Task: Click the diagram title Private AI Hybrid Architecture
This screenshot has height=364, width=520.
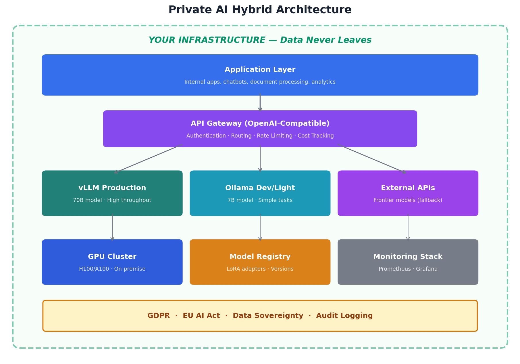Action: pyautogui.click(x=260, y=10)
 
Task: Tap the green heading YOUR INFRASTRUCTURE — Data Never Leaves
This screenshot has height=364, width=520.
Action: pyautogui.click(x=260, y=40)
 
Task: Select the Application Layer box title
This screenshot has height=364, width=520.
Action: pyautogui.click(x=260, y=70)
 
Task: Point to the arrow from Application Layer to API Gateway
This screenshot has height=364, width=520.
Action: pyautogui.click(x=260, y=102)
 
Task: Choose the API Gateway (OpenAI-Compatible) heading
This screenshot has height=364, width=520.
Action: pyautogui.click(x=260, y=123)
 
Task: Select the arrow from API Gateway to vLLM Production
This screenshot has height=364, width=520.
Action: pyautogui.click(x=149, y=159)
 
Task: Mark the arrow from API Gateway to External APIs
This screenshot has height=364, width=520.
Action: pyautogui.click(x=372, y=159)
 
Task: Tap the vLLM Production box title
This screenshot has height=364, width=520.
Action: pyautogui.click(x=112, y=188)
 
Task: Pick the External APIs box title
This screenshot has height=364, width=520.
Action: pyautogui.click(x=408, y=188)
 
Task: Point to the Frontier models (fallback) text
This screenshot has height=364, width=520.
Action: pyautogui.click(x=408, y=200)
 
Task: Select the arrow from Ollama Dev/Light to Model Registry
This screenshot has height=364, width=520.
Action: pyautogui.click(x=260, y=227)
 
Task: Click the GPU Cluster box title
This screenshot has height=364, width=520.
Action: pyautogui.click(x=112, y=257)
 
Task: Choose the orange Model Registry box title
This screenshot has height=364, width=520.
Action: pyautogui.click(x=260, y=257)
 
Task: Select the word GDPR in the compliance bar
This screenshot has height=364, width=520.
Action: pyautogui.click(x=158, y=316)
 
